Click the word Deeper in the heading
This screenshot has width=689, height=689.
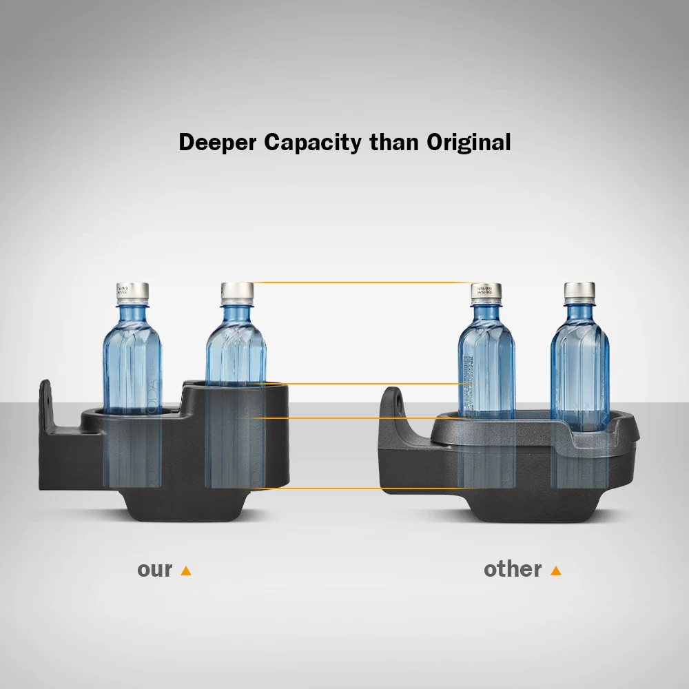(218, 143)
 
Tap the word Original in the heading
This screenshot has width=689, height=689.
(469, 143)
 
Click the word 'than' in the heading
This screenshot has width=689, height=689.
(393, 143)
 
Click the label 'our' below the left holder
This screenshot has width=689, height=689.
(155, 570)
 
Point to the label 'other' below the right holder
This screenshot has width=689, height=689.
(513, 570)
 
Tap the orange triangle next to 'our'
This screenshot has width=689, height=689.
(185, 570)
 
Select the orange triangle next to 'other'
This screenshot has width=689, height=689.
(556, 570)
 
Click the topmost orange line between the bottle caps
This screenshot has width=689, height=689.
(362, 282)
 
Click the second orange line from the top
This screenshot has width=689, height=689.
(362, 384)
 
